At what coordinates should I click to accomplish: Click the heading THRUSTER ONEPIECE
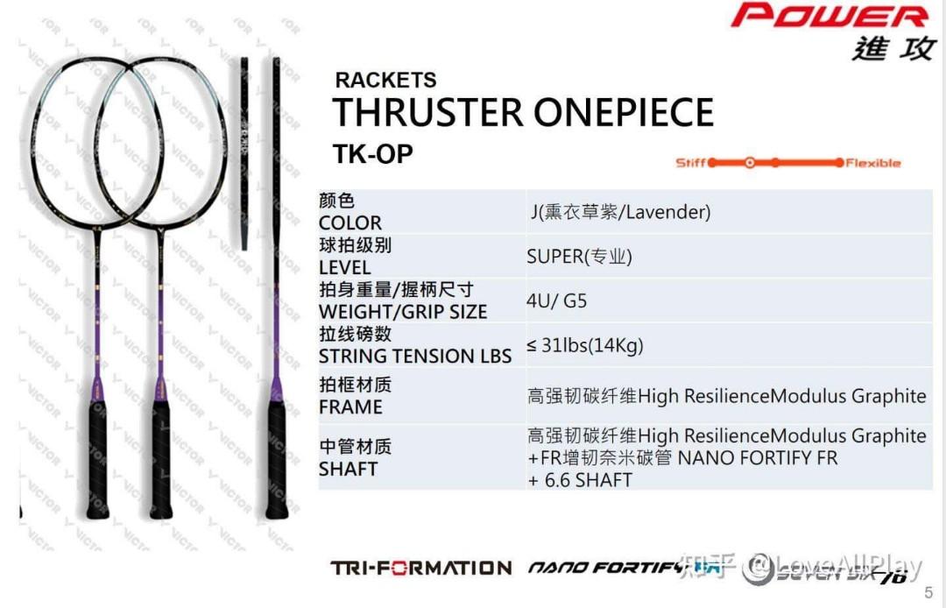click(523, 114)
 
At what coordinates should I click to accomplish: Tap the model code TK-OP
click(372, 154)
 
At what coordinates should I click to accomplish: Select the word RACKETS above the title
click(385, 81)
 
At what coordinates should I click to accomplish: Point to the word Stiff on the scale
click(690, 163)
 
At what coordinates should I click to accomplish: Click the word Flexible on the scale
click(872, 163)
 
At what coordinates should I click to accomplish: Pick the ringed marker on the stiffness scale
click(749, 163)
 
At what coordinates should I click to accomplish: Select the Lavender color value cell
click(620, 212)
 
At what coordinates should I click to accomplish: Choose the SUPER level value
click(579, 257)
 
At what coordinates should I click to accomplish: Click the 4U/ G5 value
click(556, 301)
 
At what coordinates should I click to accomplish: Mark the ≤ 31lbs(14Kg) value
click(585, 345)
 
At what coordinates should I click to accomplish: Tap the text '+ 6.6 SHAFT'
click(579, 479)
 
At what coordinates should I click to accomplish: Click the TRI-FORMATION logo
click(420, 569)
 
